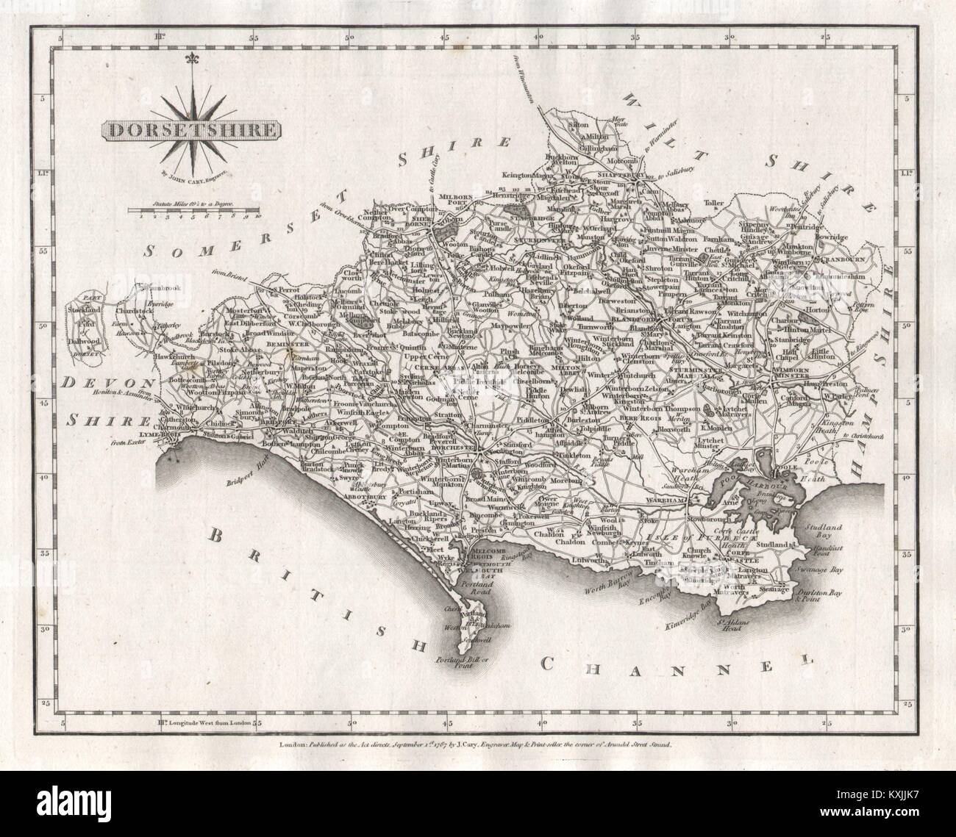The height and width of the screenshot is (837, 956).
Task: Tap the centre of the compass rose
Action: tap(195, 127)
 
